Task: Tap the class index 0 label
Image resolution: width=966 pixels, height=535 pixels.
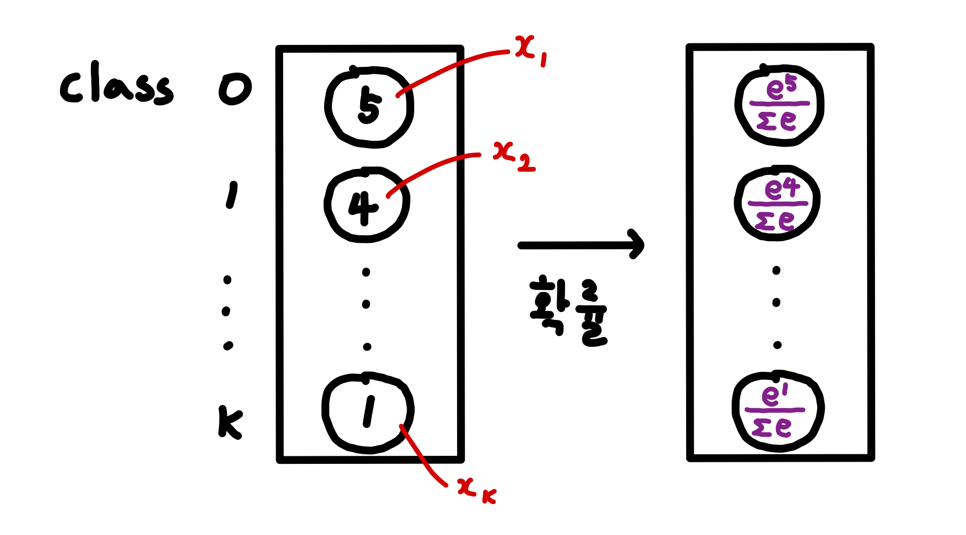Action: [235, 89]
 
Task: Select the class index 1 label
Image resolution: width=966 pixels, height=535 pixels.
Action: [231, 196]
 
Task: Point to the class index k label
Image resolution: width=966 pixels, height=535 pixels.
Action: [230, 423]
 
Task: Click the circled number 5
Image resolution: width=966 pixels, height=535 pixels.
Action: [369, 106]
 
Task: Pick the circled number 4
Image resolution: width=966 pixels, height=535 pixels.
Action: [364, 207]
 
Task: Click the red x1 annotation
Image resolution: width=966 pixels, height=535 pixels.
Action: [530, 51]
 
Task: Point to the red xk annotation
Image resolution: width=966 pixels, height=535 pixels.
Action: [476, 490]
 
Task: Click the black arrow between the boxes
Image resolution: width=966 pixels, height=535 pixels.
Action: [581, 245]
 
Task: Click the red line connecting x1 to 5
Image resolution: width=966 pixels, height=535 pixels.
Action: [455, 66]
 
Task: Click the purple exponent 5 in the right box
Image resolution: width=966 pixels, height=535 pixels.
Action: [791, 84]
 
